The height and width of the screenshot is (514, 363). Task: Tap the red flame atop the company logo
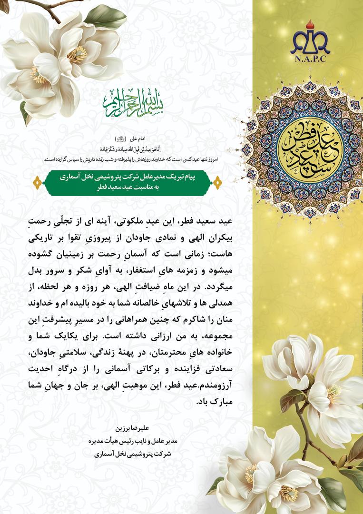310,24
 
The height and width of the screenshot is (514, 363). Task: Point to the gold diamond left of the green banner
37,183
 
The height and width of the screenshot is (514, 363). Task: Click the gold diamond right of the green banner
218,182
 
